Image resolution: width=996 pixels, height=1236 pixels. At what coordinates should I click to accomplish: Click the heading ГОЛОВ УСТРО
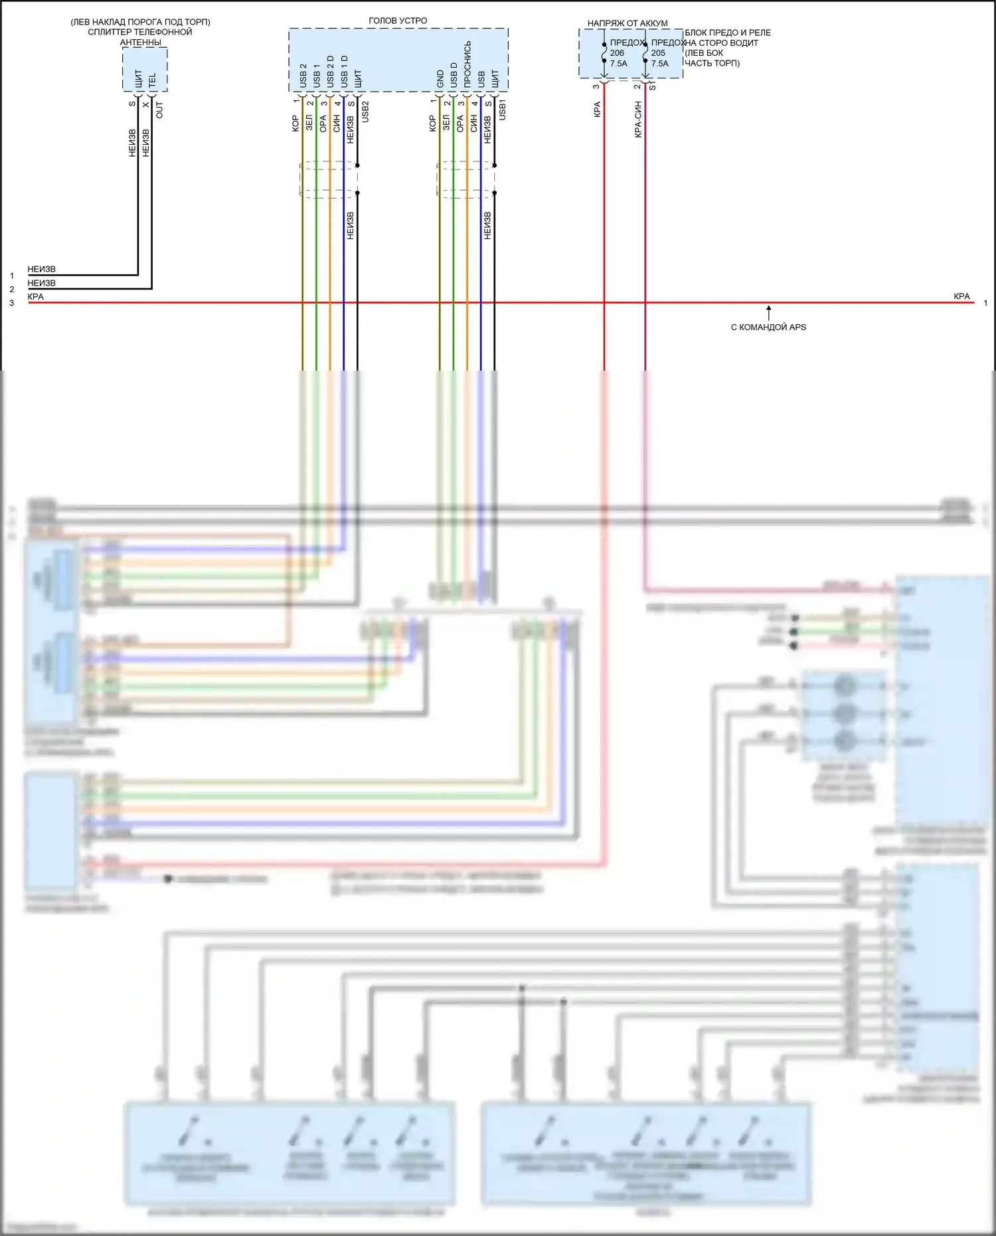[398, 21]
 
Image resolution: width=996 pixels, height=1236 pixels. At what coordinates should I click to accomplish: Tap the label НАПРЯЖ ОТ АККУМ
[627, 23]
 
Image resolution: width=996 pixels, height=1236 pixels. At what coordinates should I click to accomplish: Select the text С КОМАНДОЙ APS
[768, 327]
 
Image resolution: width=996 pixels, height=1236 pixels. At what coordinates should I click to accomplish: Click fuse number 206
[617, 53]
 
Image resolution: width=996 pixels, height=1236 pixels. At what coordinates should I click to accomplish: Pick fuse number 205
[658, 53]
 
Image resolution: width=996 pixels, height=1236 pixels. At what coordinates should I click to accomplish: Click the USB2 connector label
[365, 111]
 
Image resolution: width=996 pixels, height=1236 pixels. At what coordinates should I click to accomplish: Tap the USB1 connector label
[503, 110]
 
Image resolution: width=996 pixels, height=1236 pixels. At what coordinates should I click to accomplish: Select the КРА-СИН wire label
[638, 120]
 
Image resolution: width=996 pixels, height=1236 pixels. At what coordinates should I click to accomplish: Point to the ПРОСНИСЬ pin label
[467, 64]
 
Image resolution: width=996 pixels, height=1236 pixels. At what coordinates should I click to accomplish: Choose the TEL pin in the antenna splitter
[152, 80]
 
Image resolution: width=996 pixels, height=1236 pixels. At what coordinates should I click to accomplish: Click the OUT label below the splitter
[159, 110]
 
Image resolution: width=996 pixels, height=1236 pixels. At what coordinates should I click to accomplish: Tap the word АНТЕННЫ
[140, 43]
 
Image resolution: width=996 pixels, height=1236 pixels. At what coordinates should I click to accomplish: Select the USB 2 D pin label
[331, 72]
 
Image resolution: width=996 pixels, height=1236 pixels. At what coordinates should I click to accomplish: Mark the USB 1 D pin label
[344, 72]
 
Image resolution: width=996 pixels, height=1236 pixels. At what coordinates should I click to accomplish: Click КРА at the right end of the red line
[961, 296]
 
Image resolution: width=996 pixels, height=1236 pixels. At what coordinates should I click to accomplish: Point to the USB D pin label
[454, 75]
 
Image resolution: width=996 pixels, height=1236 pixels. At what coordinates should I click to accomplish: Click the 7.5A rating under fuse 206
[618, 64]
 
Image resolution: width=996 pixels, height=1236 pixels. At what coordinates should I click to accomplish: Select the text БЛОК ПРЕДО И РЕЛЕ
[728, 33]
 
